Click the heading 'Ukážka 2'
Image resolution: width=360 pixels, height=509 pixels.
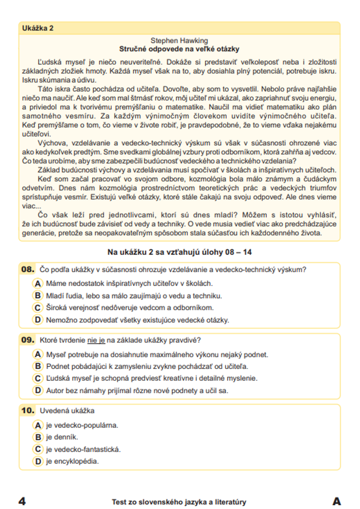pos(37,28)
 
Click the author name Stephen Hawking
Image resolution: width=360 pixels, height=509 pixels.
pos(179,41)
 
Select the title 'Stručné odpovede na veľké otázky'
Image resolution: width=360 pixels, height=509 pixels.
pos(179,49)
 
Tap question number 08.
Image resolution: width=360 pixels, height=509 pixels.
pos(28,269)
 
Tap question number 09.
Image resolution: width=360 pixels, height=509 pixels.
pos(28,340)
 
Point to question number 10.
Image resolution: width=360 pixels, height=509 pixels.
pos(28,410)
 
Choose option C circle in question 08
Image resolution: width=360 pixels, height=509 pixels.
pos(37,308)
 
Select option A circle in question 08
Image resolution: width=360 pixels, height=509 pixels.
pos(37,283)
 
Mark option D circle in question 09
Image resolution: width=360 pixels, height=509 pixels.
pos(37,391)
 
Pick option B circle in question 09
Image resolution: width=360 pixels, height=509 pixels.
pos(37,367)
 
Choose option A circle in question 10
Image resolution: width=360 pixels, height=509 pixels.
pos(37,425)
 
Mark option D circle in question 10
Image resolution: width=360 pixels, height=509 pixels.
pos(37,461)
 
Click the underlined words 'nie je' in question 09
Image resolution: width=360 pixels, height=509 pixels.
pos(96,340)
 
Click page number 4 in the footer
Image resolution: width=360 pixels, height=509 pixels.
pos(22,501)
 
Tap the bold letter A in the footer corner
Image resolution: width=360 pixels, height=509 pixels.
pos(337,501)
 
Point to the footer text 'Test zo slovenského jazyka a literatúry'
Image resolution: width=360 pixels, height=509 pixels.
pos(179,502)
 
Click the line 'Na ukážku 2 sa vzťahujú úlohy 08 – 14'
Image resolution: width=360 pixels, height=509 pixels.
pos(179,252)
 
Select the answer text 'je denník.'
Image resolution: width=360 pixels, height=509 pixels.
pos(62,437)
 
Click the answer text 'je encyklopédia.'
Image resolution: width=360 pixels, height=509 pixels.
pos(72,461)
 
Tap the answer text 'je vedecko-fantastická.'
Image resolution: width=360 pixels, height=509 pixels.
pos(83,449)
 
